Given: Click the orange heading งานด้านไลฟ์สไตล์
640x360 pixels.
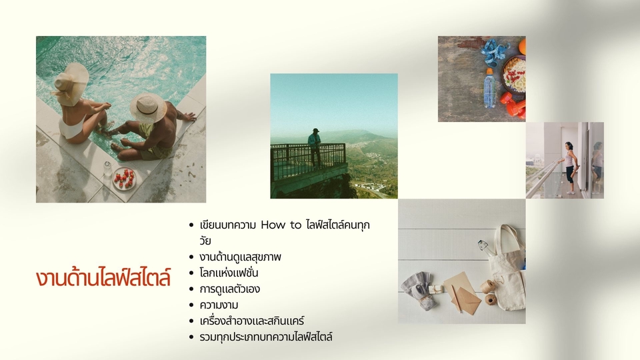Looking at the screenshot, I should (x=103, y=277).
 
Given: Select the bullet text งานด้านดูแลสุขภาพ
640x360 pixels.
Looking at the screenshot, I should (x=240, y=257).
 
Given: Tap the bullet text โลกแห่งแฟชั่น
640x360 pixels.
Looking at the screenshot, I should (x=229, y=273).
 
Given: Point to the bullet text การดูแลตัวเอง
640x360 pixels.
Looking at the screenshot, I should (x=229, y=289).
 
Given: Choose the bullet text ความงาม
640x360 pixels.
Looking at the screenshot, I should (x=219, y=305).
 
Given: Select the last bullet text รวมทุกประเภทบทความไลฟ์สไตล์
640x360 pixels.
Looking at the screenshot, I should (x=265, y=337).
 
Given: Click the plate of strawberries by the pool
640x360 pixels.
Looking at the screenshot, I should (x=124, y=179).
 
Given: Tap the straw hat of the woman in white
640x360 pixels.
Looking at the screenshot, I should (x=71, y=79).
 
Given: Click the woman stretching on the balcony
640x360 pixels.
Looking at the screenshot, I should (x=568, y=167).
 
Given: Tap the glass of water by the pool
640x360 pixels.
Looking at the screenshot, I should (x=107, y=167).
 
